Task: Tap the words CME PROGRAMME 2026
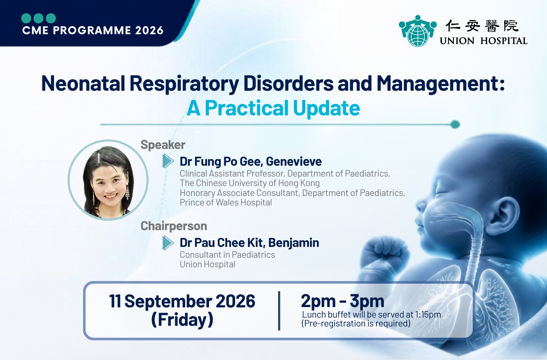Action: coord(93,31)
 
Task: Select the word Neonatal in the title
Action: coord(83,84)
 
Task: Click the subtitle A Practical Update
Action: coord(273,108)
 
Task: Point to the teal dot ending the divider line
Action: coord(455,124)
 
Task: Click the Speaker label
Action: coord(163,145)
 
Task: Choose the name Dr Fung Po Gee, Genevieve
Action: coord(250,161)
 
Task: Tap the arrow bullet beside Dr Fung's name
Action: coord(168,161)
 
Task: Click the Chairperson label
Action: coord(174,226)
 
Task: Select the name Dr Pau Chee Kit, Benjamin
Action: coord(249,243)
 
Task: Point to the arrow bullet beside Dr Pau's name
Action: coord(168,243)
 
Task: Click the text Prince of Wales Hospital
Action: coord(226,203)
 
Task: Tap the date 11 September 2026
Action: coord(182,301)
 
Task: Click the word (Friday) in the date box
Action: coord(182,320)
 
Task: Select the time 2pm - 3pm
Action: coord(343,301)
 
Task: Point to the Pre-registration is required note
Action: coord(356,324)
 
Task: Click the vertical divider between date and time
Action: coord(279,311)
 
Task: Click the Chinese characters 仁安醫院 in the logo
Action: coord(482,26)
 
